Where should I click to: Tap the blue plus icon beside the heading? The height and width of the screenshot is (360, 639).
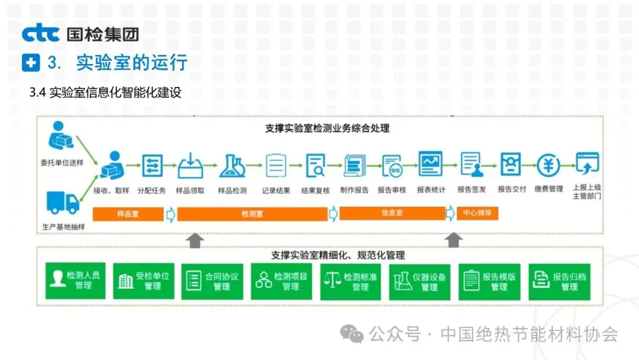(x=30, y=62)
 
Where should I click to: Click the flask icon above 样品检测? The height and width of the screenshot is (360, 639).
(x=232, y=166)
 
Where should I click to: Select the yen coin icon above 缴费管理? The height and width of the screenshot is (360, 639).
(x=548, y=165)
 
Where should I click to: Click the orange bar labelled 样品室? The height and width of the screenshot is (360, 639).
(x=127, y=214)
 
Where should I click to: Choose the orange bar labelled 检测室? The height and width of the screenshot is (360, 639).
(x=253, y=214)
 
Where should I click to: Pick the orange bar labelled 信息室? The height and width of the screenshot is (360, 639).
(x=392, y=213)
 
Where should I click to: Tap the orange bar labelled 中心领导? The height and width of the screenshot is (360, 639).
(x=477, y=213)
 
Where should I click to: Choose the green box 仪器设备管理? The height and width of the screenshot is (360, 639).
(x=421, y=281)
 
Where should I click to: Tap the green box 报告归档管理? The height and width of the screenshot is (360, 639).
(x=560, y=281)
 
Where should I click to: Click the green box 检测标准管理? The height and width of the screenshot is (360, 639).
(x=351, y=281)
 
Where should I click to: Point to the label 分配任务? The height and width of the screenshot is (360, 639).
(x=152, y=190)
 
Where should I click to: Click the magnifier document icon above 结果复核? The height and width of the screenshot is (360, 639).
(x=315, y=165)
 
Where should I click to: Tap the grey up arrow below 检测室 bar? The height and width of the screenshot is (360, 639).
(x=195, y=240)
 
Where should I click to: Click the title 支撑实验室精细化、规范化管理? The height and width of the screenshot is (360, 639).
(x=338, y=255)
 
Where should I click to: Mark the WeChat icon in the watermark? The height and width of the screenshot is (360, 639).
(x=355, y=335)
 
